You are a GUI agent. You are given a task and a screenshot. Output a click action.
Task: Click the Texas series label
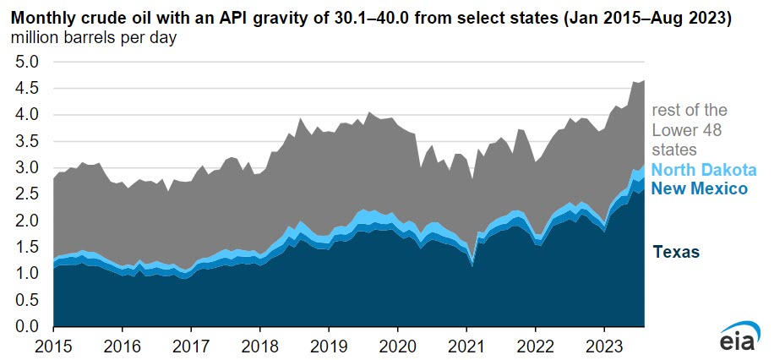pos(676,252)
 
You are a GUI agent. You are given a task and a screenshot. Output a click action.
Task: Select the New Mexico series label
pos(700,188)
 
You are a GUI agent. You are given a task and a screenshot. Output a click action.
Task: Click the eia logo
pos(738,339)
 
